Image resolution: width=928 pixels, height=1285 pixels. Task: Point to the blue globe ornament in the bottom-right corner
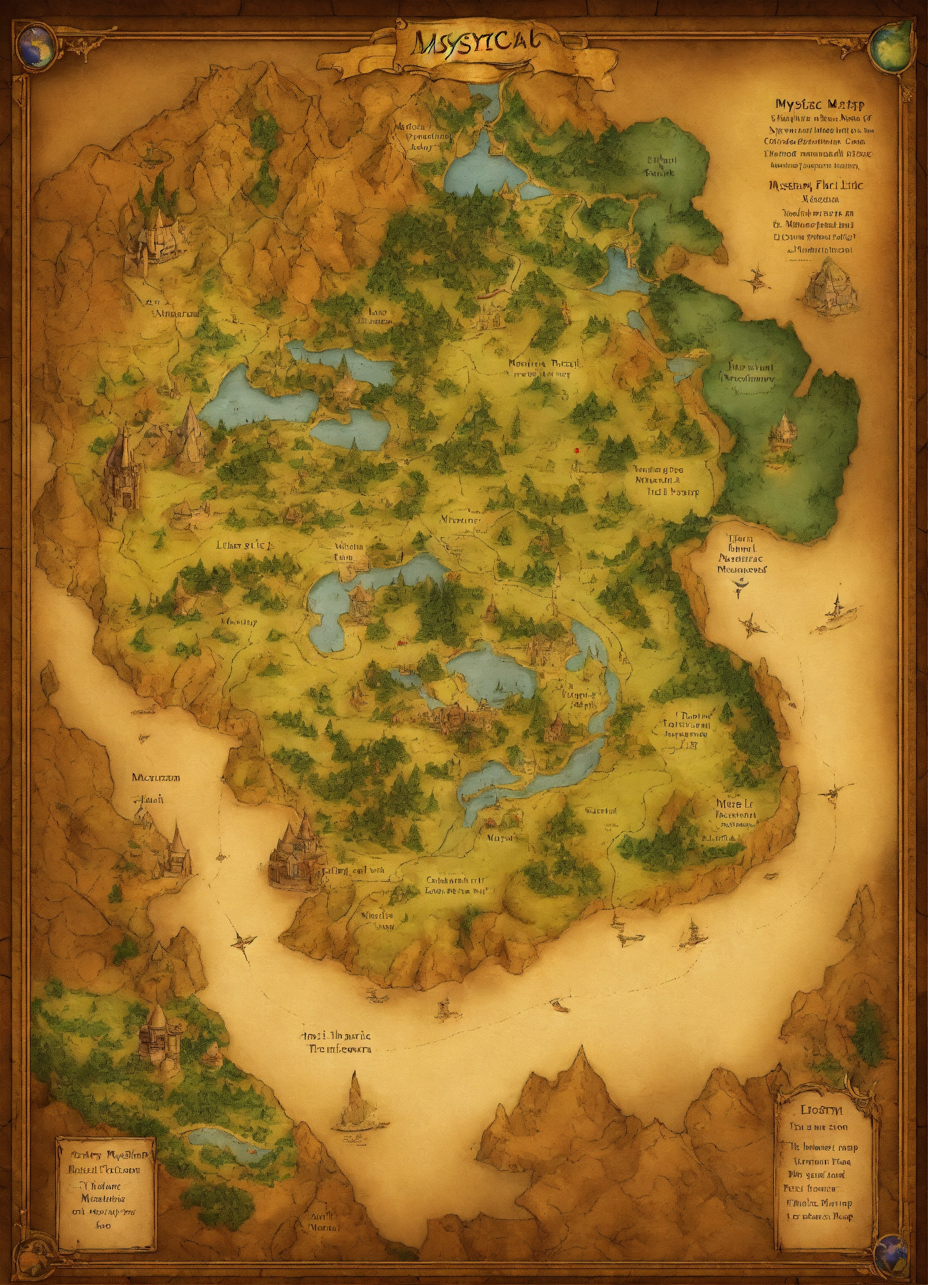coord(891,1249)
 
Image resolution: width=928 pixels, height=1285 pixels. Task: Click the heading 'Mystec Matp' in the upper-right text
coord(819,104)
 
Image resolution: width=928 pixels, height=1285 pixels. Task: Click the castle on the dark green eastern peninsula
coord(782,432)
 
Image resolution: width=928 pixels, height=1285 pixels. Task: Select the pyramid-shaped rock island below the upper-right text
coord(829,286)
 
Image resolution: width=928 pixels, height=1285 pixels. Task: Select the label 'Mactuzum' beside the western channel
coord(156,778)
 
